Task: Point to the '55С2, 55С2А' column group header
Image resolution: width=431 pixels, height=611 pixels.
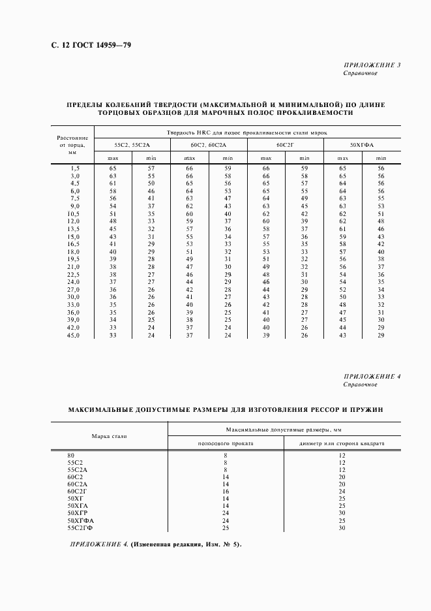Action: coord(132,144)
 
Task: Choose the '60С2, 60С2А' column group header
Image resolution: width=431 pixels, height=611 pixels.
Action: coord(209,144)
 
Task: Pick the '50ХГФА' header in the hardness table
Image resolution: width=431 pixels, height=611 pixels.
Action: coord(361,144)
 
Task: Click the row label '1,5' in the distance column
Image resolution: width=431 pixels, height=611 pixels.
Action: coord(75,168)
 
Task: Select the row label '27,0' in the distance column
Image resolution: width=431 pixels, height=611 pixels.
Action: coord(74,289)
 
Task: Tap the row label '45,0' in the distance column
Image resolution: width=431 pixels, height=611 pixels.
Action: coord(74,335)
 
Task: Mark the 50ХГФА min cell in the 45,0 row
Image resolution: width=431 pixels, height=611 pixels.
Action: coord(381,335)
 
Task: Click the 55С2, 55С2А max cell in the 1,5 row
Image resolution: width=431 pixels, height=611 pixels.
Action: coord(113,168)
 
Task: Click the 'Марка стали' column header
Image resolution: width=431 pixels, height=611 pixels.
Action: coord(110,435)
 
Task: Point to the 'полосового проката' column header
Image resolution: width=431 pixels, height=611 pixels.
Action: coord(225,443)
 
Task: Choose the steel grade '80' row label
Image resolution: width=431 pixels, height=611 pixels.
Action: coord(71,454)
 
